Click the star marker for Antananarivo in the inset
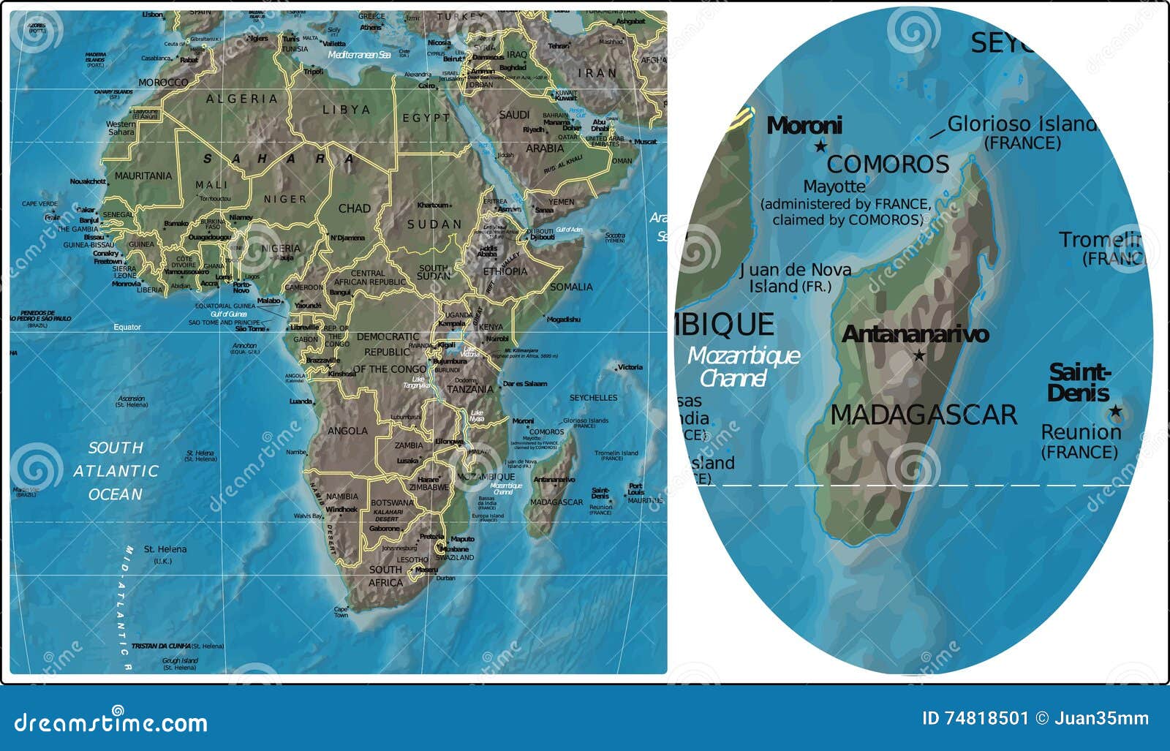[919, 355]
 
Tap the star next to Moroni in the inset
[820, 146]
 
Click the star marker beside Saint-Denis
[1115, 411]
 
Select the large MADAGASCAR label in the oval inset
[924, 415]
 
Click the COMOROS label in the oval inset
[888, 164]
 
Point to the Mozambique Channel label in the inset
[743, 367]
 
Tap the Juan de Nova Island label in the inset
[795, 278]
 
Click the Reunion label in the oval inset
[1080, 432]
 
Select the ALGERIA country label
[241, 99]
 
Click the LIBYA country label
[347, 110]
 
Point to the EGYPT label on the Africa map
[426, 118]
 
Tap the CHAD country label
[354, 208]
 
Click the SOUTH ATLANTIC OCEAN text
[116, 471]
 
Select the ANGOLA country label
[347, 431]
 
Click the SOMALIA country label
[571, 287]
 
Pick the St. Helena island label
[165, 549]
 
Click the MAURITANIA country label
[143, 176]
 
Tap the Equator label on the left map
[127, 327]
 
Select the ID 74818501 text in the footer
[975, 718]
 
